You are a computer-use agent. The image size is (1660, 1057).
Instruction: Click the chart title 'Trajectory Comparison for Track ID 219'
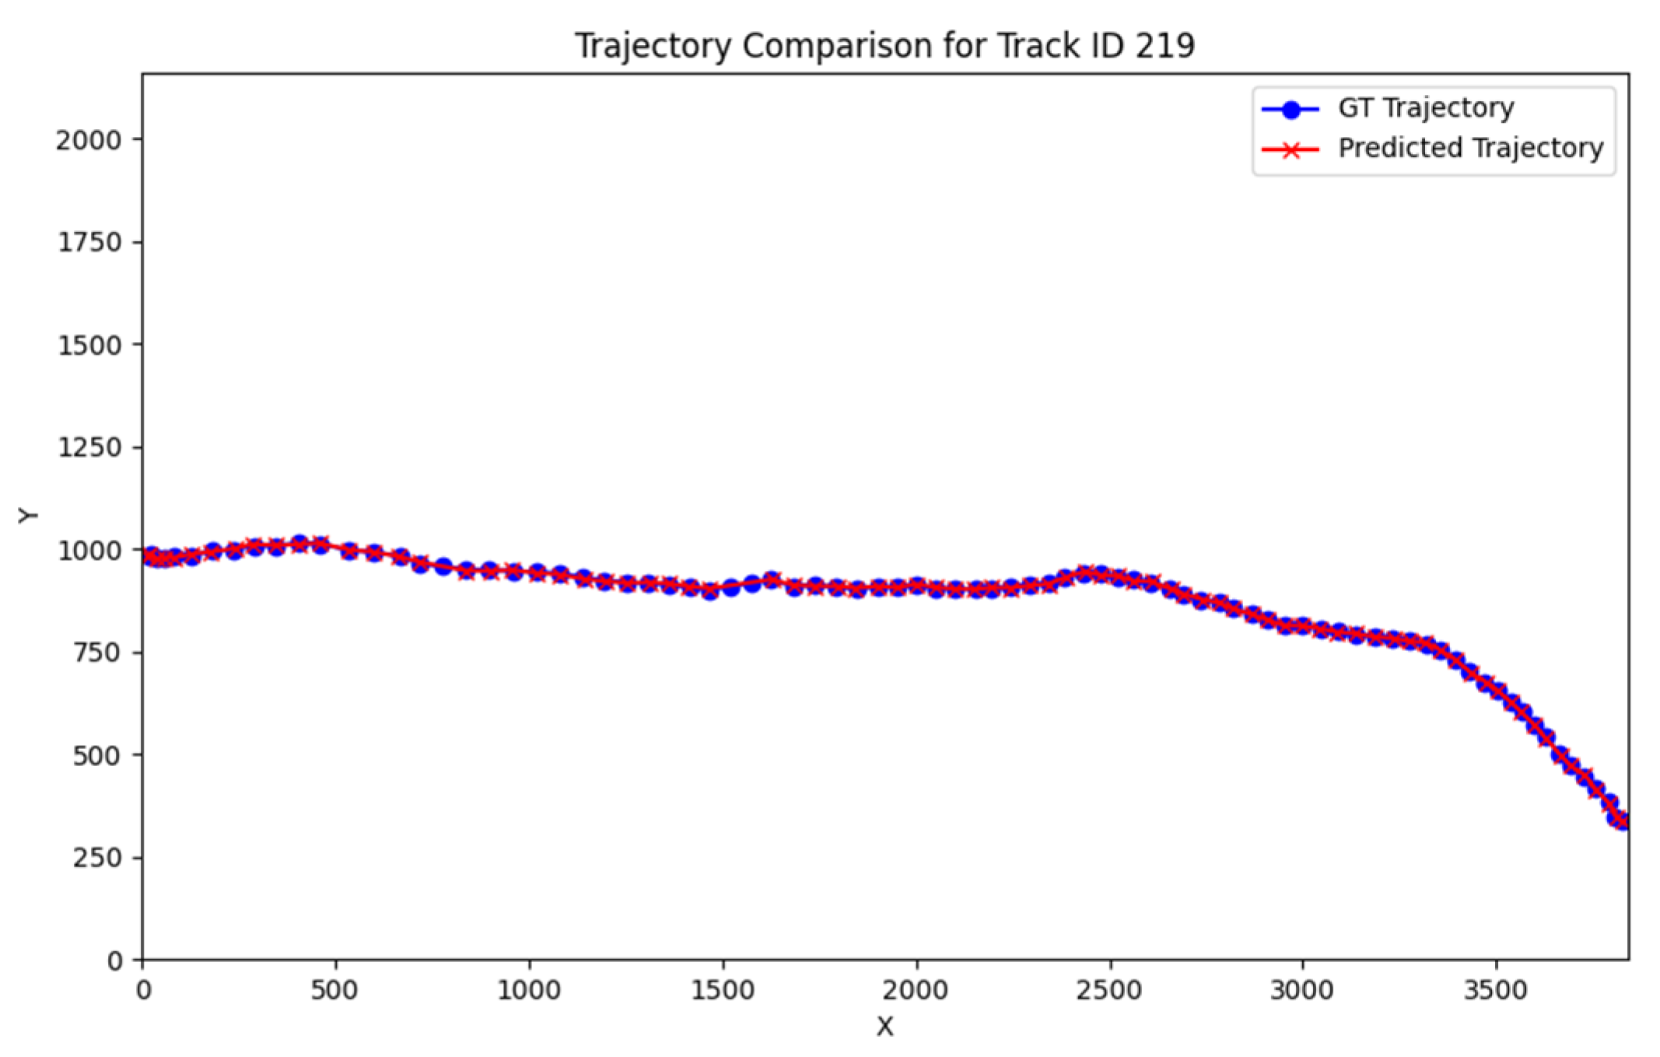[884, 45]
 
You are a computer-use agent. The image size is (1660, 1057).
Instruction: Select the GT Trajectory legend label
[1426, 107]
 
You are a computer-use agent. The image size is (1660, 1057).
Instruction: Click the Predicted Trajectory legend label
[1470, 148]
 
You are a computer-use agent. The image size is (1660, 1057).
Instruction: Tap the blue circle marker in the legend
[1291, 110]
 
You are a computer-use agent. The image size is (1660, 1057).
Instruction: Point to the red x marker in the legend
[1291, 149]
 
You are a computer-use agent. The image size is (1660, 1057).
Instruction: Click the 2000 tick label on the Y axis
[89, 141]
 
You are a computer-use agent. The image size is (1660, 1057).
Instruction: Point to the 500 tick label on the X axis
[334, 991]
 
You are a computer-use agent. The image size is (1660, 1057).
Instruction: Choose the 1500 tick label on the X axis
[723, 991]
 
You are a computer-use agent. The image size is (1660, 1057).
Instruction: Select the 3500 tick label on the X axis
[1495, 991]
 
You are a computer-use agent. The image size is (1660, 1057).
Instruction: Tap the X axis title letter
[884, 1027]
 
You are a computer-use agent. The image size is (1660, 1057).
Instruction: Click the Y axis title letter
[28, 516]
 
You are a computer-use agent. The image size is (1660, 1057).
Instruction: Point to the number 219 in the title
[1164, 45]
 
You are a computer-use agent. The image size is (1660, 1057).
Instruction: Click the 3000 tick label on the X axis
[1302, 991]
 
